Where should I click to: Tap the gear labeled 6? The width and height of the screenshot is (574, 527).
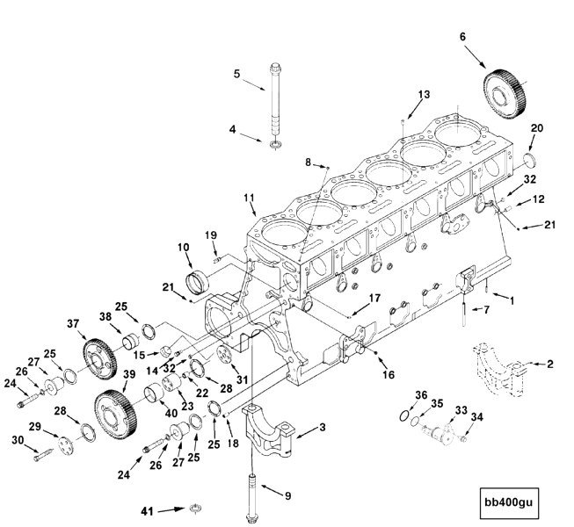(504, 85)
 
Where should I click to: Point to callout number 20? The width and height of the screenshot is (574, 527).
(536, 127)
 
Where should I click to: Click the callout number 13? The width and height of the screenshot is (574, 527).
(425, 93)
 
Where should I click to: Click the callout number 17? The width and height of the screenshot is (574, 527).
(374, 299)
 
